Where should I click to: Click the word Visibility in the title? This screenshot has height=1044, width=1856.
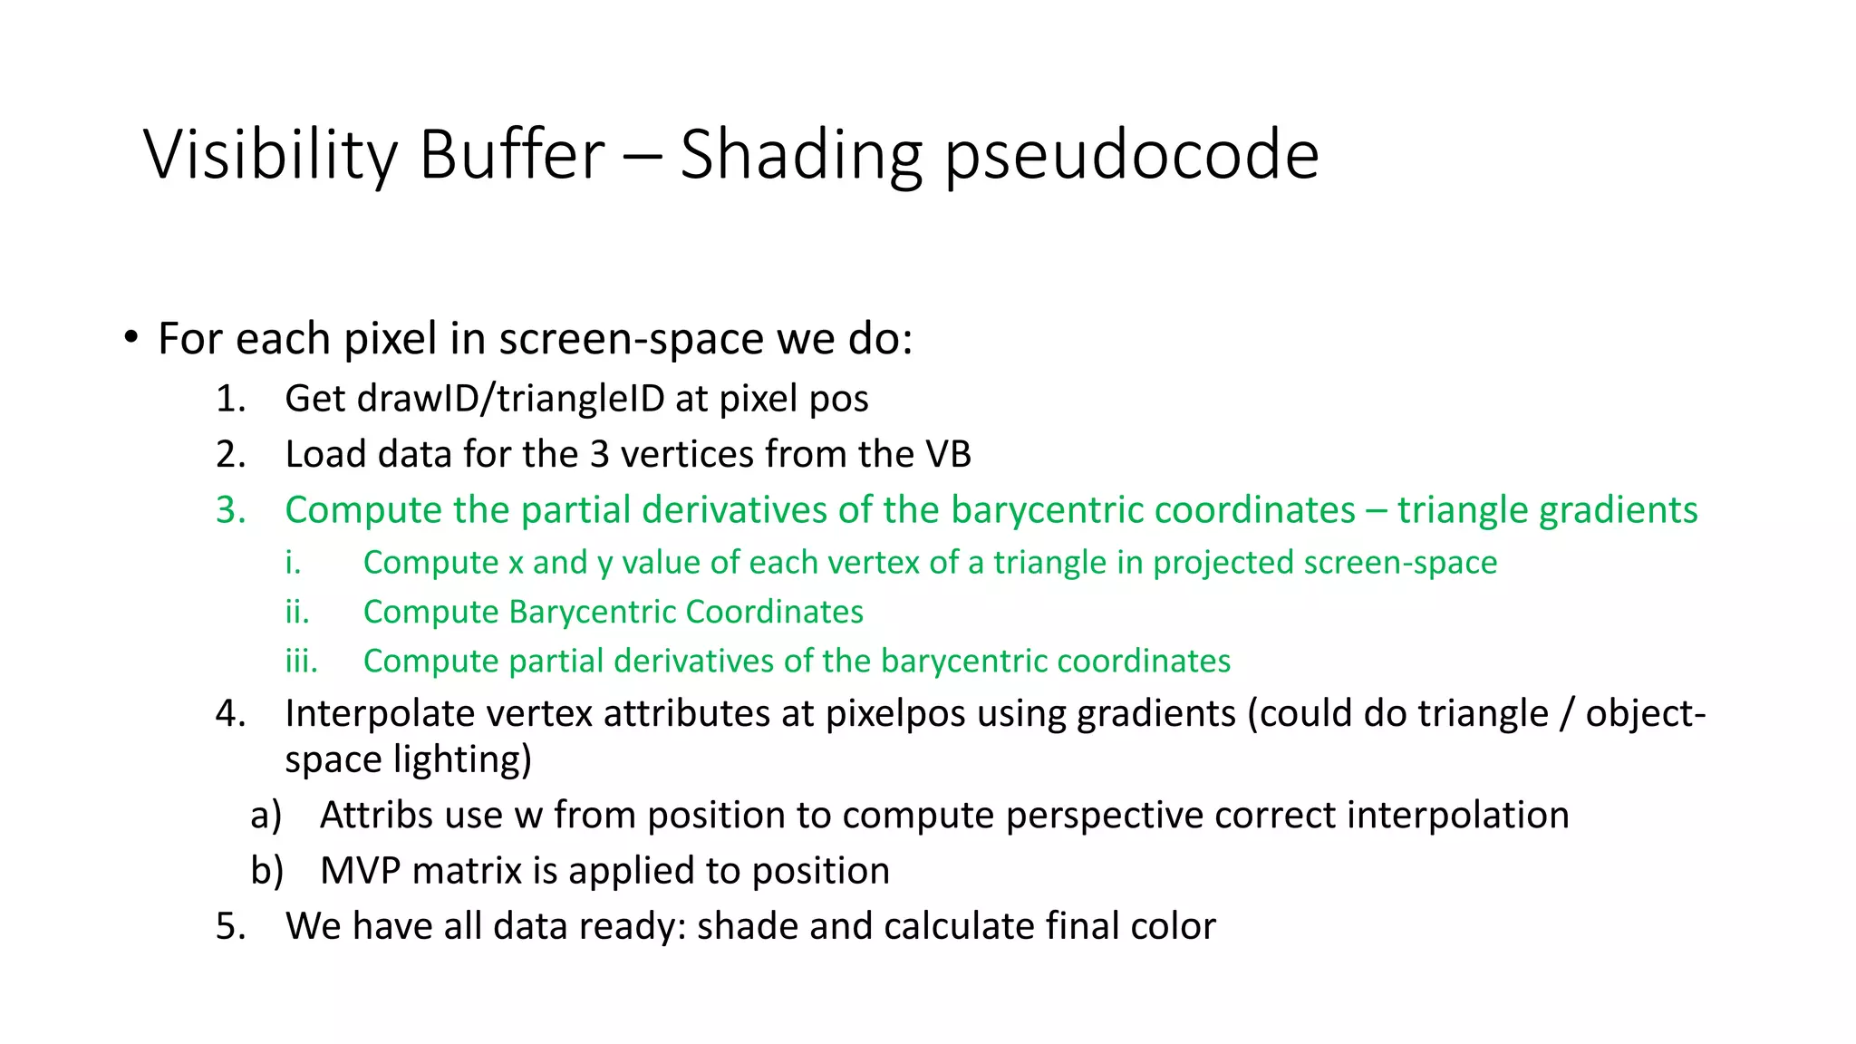coord(270,155)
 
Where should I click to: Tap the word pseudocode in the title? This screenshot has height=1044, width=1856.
coord(1132,157)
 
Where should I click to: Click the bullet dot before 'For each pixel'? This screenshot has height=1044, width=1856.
coord(132,338)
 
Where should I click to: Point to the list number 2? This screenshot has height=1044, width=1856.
coord(230,454)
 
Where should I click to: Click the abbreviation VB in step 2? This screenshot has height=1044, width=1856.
coord(948,454)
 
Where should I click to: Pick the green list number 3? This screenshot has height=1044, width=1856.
coord(230,510)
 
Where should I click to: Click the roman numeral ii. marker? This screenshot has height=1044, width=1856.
coord(297,612)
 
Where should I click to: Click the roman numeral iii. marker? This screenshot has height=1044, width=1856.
coord(301,661)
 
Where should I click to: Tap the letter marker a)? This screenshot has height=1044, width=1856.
coord(266,815)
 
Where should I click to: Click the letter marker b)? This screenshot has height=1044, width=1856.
coord(266,871)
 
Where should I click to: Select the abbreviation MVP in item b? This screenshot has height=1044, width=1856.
coord(360,871)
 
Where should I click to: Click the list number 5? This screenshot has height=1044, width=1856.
coord(230,926)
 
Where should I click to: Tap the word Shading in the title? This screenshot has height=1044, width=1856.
coord(800,157)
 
